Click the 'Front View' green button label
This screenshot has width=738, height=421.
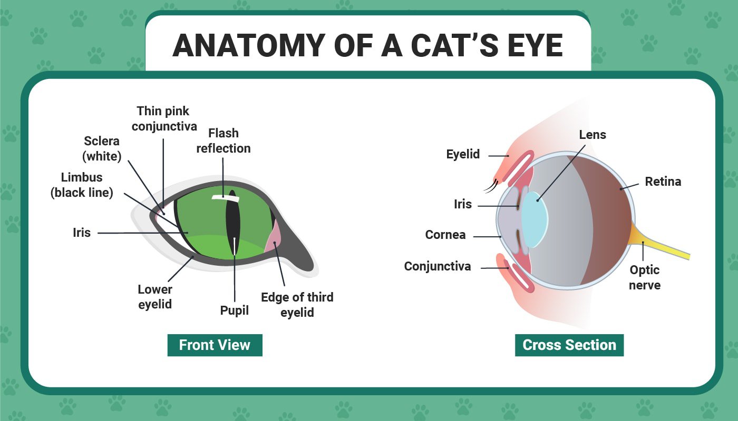215,345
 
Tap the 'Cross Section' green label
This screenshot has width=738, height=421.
569,345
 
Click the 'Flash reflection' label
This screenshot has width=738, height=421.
224,141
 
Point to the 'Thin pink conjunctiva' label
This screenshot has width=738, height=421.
164,119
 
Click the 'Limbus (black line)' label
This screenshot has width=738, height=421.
82,185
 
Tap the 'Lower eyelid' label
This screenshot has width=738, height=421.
155,297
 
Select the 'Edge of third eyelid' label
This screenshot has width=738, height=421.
297,305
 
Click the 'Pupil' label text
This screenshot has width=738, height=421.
234,310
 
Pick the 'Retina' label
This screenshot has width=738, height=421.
663,182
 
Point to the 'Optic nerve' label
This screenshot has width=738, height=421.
645,277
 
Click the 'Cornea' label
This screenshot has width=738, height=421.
445,235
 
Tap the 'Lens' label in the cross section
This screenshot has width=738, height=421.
593,135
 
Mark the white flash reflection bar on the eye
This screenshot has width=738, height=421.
225,198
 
